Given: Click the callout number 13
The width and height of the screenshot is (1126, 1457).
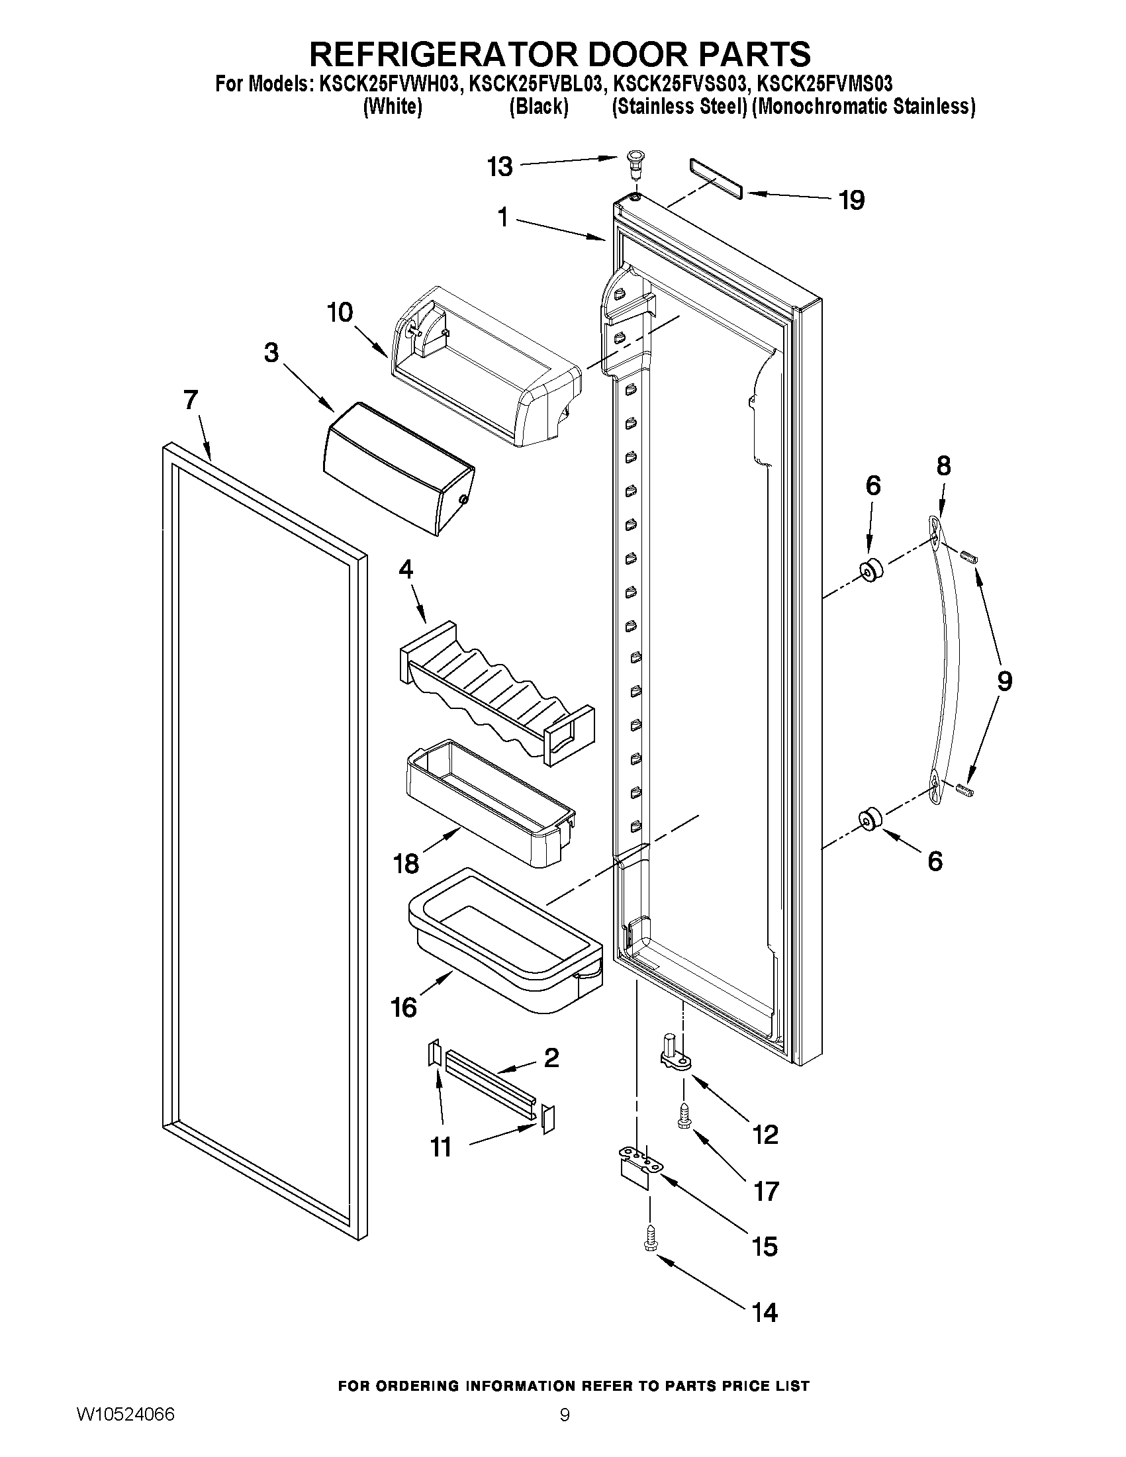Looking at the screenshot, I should (500, 166).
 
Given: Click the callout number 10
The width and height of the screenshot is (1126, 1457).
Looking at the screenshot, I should (340, 312).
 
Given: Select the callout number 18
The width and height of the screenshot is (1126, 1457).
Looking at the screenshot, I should (406, 864).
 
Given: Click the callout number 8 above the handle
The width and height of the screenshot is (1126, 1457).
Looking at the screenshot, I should (943, 465).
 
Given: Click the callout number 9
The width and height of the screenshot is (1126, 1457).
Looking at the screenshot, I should (1004, 681).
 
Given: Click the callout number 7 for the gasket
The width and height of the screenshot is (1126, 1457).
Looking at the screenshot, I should (191, 400).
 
